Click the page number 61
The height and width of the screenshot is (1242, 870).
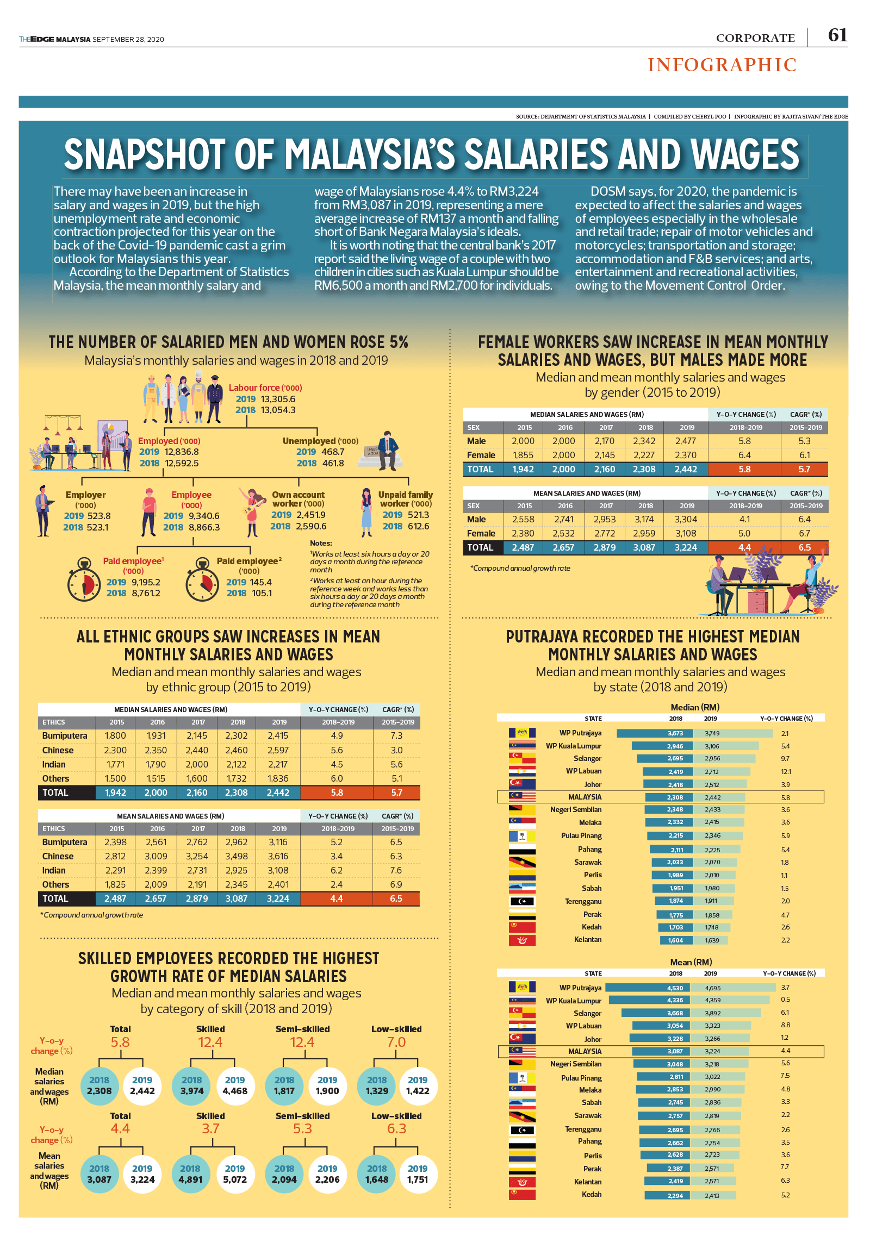coord(837,35)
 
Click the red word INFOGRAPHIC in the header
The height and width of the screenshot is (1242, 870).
coord(722,65)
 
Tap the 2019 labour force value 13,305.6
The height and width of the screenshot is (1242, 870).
coord(278,399)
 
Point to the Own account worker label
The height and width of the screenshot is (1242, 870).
coord(298,499)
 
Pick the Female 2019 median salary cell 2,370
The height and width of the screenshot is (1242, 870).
coord(686,455)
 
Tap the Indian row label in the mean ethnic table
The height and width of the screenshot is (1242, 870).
coord(54,870)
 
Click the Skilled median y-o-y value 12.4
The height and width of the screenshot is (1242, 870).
coord(210,1042)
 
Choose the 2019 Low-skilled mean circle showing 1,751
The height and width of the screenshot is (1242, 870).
coord(418,1174)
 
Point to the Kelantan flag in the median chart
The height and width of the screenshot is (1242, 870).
coord(522,940)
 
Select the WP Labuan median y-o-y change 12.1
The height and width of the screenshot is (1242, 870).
coord(786,771)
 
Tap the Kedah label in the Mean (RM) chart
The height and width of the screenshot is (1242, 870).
coord(591,1194)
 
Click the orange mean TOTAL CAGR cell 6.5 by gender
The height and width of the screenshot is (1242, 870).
coord(805,547)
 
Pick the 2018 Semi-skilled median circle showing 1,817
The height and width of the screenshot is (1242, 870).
coord(284,1085)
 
